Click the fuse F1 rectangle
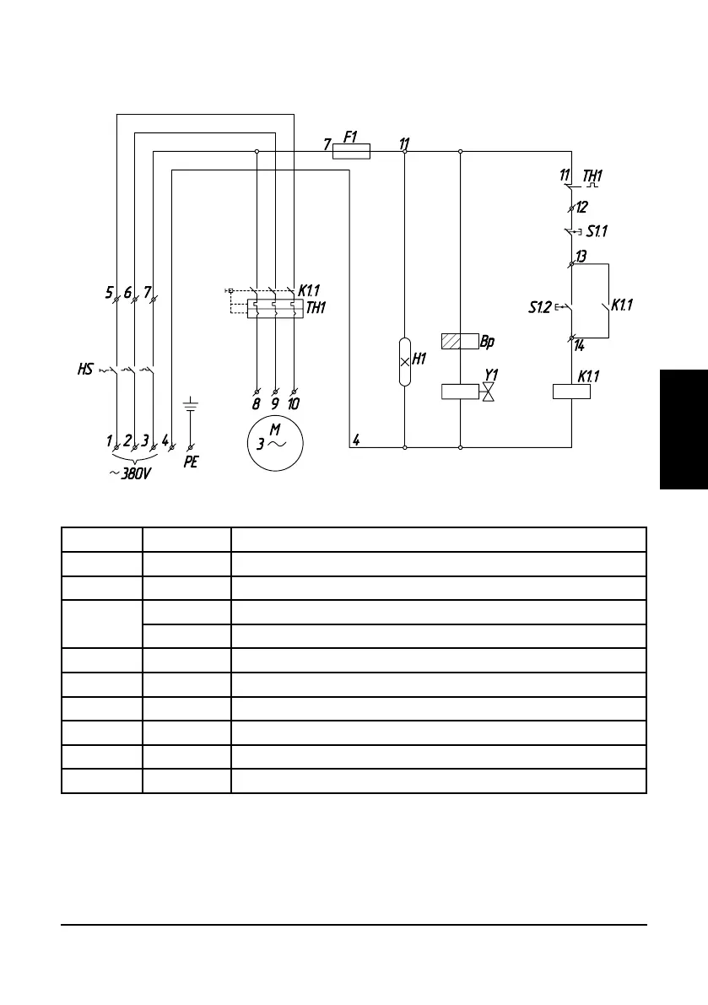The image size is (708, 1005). [x=352, y=151]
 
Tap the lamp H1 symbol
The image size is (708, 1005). [x=405, y=361]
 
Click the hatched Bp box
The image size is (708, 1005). [x=460, y=342]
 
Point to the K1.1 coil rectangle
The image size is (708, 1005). [x=571, y=392]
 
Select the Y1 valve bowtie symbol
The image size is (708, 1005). [x=489, y=392]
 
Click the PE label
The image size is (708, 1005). [x=191, y=462]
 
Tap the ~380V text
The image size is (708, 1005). [x=131, y=473]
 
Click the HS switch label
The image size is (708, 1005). [x=85, y=370]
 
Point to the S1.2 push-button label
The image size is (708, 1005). [x=540, y=308]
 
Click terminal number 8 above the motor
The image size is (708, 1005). [x=257, y=404]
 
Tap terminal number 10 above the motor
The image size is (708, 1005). [x=294, y=404]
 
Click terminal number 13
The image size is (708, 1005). [x=581, y=256]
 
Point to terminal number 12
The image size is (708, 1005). [x=582, y=207]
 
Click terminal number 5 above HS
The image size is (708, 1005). [x=110, y=293]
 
